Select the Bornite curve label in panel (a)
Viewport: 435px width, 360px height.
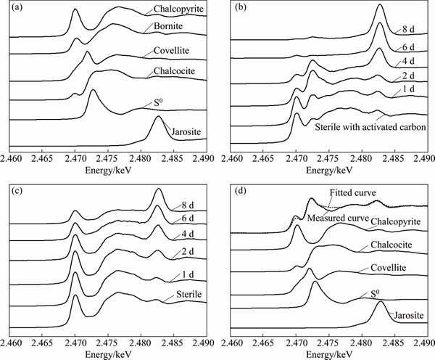coord(166,28)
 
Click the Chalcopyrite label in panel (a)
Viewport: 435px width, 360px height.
coord(173,10)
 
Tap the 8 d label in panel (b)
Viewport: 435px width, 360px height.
coord(407,29)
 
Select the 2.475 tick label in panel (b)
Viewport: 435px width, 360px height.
coord(328,156)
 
